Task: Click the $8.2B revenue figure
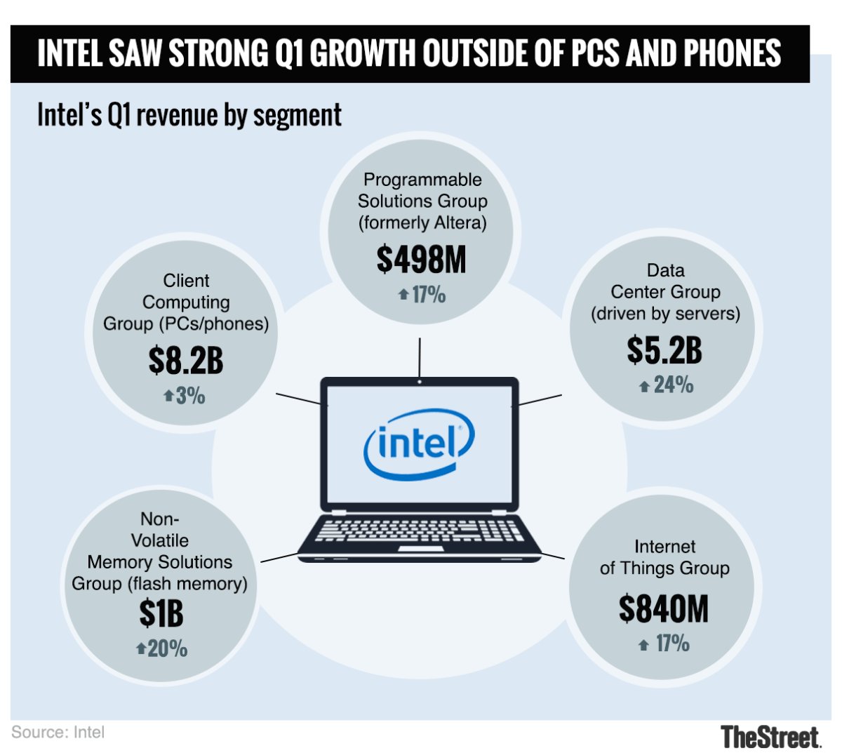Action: point(186,361)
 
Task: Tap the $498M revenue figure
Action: point(421,260)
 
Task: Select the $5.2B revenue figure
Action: point(664,350)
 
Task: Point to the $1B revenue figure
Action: point(161,614)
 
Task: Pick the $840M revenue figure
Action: point(664,608)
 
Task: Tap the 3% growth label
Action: point(190,396)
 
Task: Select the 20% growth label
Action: point(167,648)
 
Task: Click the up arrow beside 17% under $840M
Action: point(643,645)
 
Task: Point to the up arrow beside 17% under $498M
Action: point(403,295)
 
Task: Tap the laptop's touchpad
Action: point(420,548)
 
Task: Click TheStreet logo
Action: point(770,737)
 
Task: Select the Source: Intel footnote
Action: point(58,732)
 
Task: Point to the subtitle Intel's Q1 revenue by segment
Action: point(189,115)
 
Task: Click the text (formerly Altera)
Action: point(422,222)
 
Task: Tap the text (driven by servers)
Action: point(665,313)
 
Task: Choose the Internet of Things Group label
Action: point(664,557)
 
